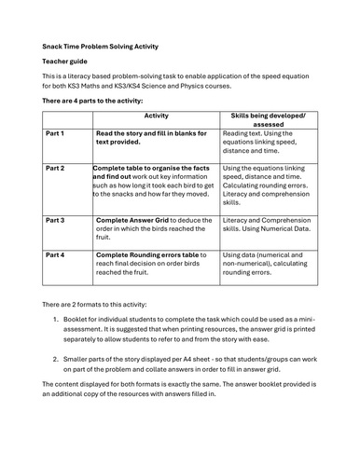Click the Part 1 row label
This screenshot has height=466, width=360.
coord(55,134)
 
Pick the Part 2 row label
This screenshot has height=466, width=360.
coord(55,169)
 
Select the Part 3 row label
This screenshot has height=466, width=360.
coord(55,220)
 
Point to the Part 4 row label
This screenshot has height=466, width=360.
coord(55,254)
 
